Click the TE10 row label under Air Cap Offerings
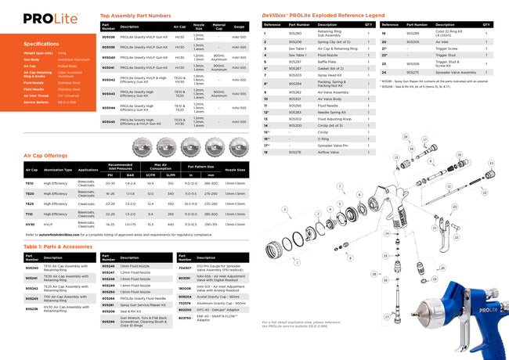[x=31, y=182]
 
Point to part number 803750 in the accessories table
[x=185, y=319]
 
